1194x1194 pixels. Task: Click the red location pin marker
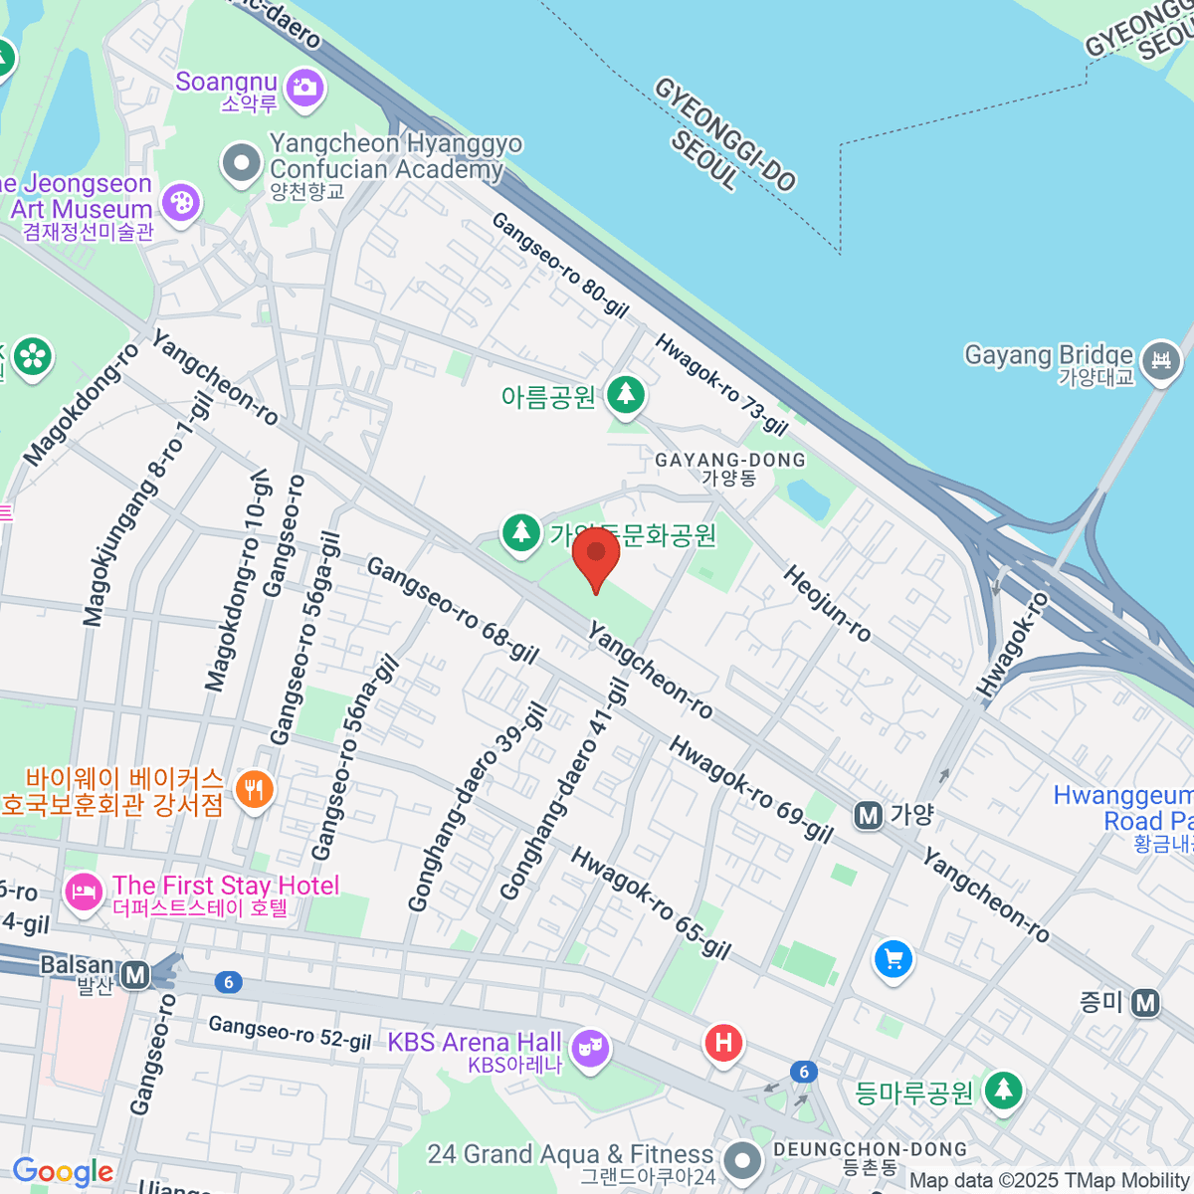[596, 553]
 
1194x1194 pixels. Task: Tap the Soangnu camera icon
[304, 88]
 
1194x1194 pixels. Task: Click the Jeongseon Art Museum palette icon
[180, 203]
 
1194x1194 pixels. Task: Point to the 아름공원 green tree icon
[625, 395]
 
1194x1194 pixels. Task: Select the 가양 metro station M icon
[869, 816]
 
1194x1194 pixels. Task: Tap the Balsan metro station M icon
[134, 975]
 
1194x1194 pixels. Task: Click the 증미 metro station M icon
[1145, 1003]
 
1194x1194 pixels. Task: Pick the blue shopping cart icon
[893, 960]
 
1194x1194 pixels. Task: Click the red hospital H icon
[723, 1043]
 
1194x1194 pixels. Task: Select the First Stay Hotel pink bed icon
[84, 891]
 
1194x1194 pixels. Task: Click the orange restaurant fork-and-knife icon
[254, 791]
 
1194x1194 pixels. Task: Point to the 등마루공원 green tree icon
[1003, 1091]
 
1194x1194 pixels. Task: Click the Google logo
[63, 1172]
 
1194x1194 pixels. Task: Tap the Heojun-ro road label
[827, 603]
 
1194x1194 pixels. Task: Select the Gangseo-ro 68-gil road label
[453, 610]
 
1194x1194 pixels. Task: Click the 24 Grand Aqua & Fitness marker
[741, 1159]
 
